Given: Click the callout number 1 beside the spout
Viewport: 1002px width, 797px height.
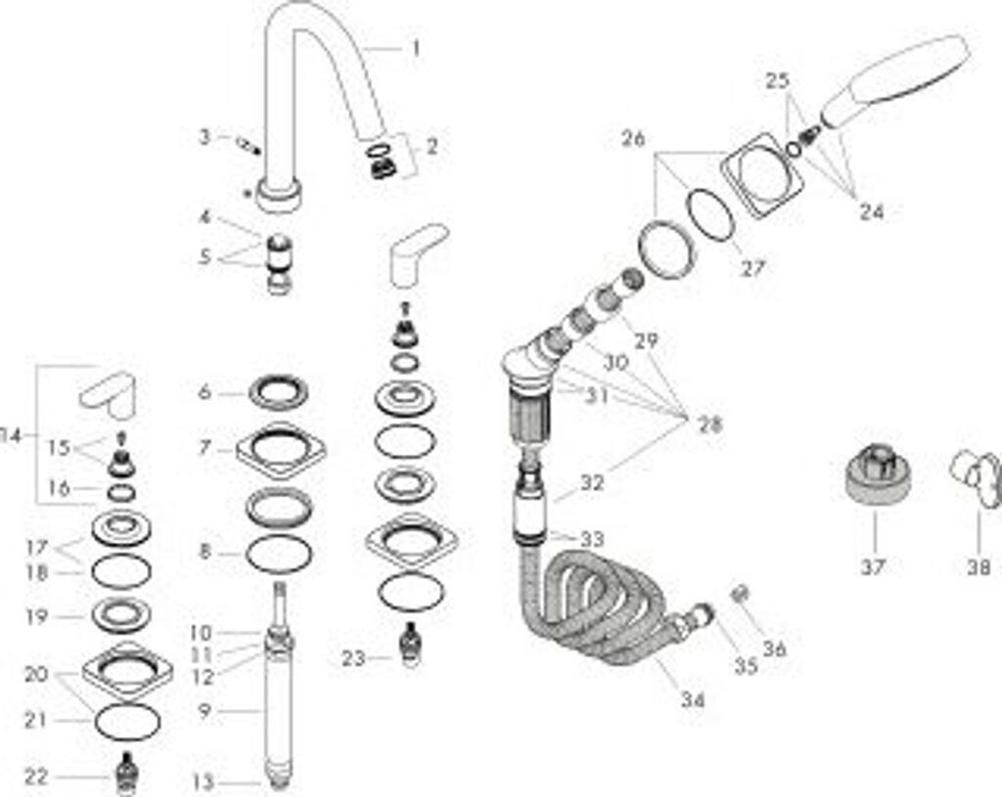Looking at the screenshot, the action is [416, 47].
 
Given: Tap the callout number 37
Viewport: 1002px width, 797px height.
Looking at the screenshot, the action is [873, 565].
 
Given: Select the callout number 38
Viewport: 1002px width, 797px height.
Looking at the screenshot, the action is [979, 565].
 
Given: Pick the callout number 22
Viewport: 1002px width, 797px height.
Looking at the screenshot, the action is [35, 776].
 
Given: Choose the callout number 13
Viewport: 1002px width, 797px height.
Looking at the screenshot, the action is [203, 781].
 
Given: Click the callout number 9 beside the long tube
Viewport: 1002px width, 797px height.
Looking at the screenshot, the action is [205, 711].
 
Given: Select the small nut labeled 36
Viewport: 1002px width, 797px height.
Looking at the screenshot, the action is [741, 594].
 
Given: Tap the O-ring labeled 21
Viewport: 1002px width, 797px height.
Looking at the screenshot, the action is [127, 722].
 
